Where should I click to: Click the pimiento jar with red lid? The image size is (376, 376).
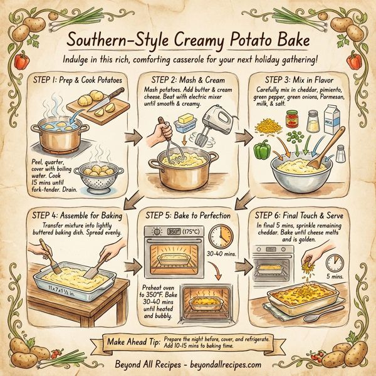pos(292,118)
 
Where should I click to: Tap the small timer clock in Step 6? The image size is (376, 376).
pos(333,263)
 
